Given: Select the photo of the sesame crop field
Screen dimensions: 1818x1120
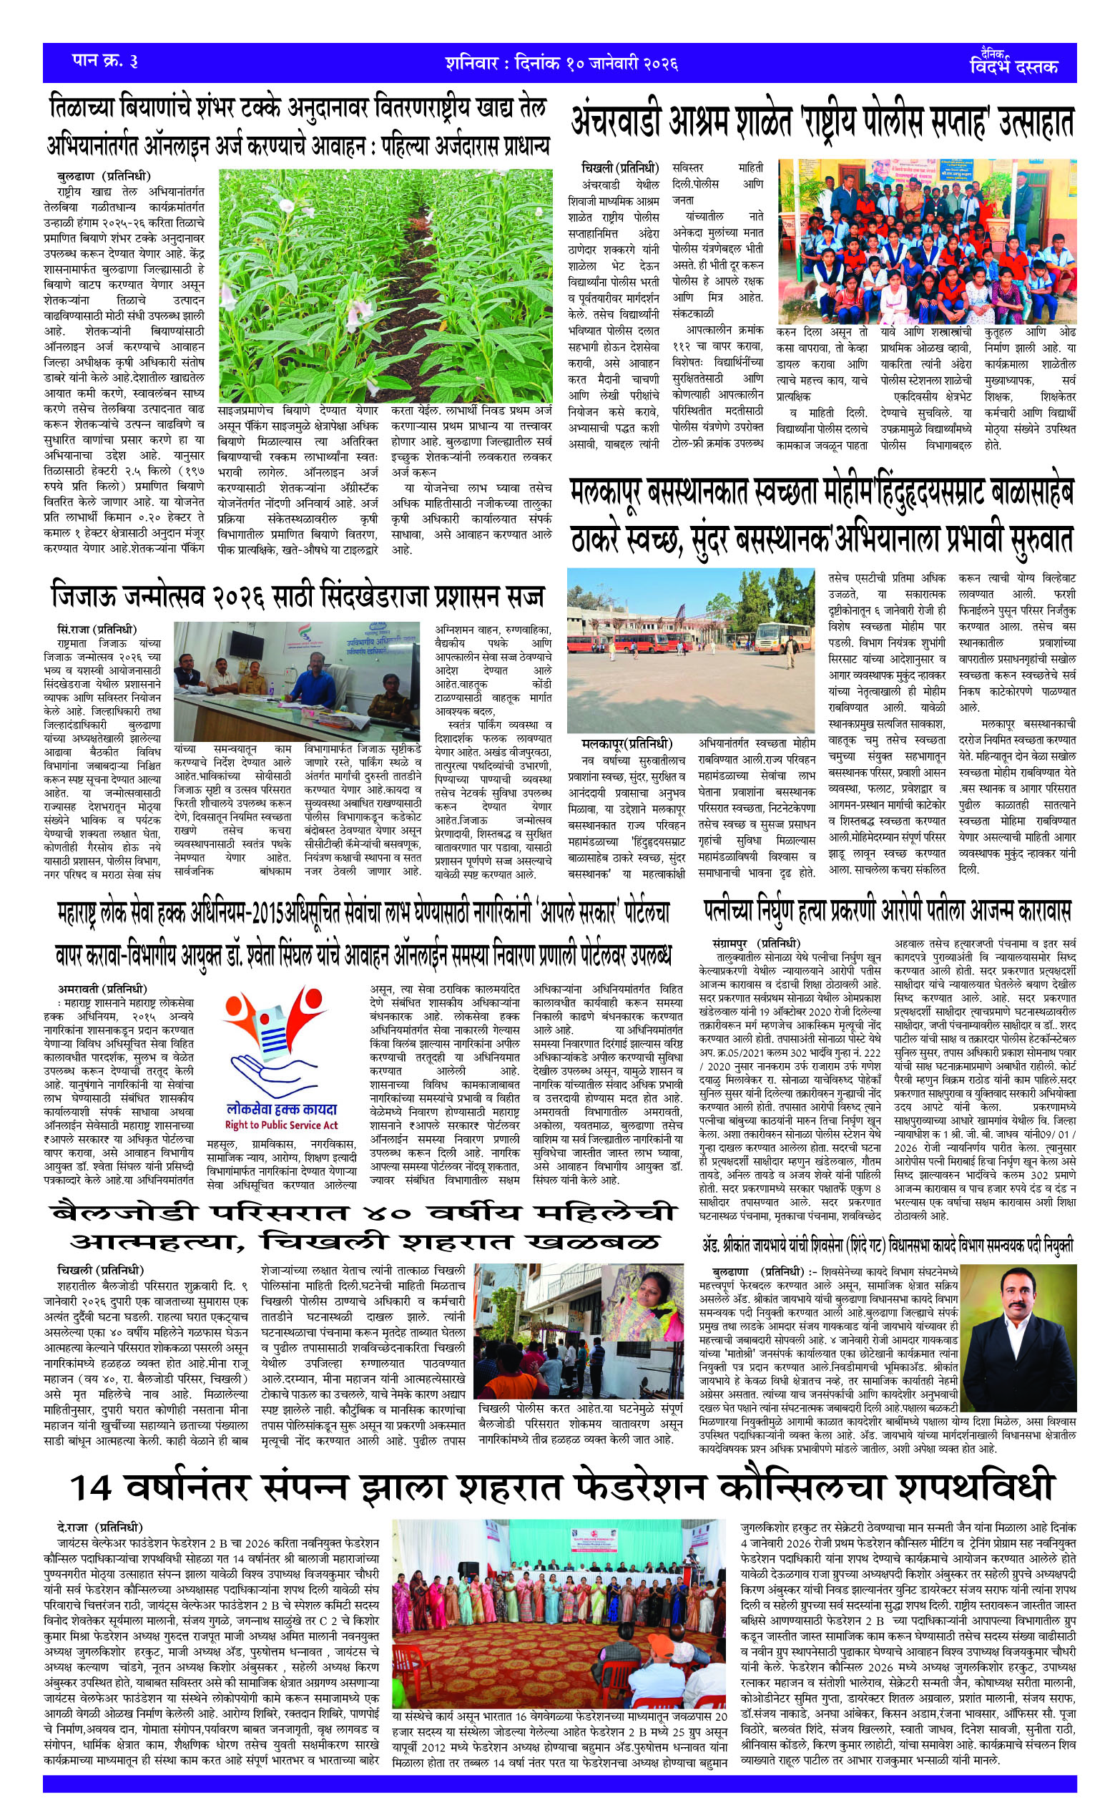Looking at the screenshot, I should [385, 285].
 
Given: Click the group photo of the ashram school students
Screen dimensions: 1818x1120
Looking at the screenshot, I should [927, 251].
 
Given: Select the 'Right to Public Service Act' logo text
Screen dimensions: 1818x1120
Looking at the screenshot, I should [281, 1125].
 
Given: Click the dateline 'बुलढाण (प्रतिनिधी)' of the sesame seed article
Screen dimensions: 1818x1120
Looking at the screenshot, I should [103, 176].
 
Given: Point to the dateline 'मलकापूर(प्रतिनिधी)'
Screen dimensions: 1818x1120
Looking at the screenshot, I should [627, 743].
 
